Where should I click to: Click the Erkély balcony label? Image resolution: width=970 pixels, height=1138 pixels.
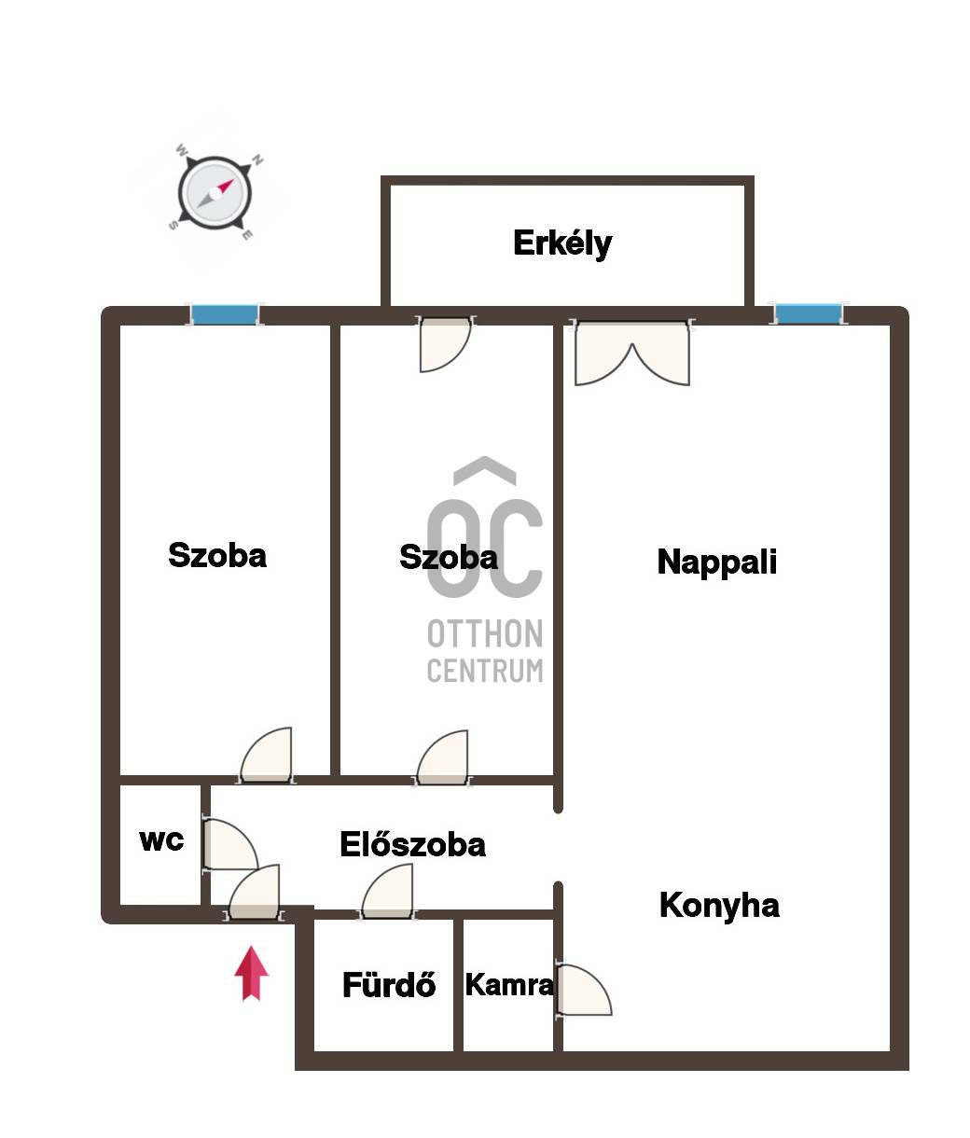point(562,243)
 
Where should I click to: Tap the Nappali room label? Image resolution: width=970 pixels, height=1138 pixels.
point(716,562)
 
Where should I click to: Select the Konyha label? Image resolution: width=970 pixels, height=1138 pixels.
point(719,906)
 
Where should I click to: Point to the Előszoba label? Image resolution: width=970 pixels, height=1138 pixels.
point(413,844)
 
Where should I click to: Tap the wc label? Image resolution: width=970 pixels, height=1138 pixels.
point(161,840)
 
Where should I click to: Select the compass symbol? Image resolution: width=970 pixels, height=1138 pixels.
point(215,193)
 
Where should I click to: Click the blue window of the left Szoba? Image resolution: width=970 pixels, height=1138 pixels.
point(224,314)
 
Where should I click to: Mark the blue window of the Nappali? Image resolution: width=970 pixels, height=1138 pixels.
point(808,313)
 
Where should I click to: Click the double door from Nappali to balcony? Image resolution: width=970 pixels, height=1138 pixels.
point(632,353)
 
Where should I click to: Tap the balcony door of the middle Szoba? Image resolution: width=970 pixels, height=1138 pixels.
point(446,344)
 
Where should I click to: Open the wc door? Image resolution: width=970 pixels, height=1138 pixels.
point(230,843)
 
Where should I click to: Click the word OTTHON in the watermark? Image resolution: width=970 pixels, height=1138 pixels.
point(485,633)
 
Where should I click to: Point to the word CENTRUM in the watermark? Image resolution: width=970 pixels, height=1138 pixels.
point(485,671)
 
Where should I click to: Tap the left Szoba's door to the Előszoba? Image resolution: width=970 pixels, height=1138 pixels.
point(267,755)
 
